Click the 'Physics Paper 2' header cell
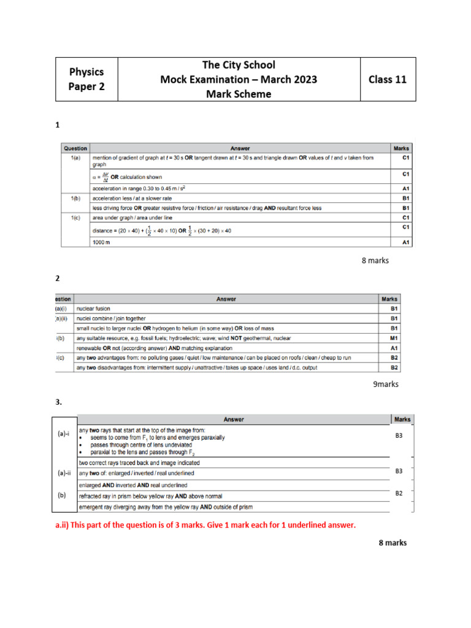pos(86,79)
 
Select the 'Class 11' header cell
pos(388,79)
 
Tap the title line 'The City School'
pos(239,65)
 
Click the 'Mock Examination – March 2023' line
pos(239,80)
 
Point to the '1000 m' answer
pos(101,243)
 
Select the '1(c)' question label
pos(75,217)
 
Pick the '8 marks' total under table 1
pos(375,261)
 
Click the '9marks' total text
pos(386,385)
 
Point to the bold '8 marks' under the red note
pos(392,543)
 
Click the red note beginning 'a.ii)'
pos(205,526)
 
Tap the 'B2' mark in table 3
pos(399,492)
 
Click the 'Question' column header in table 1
pos(75,148)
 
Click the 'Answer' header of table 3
pos(234,419)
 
